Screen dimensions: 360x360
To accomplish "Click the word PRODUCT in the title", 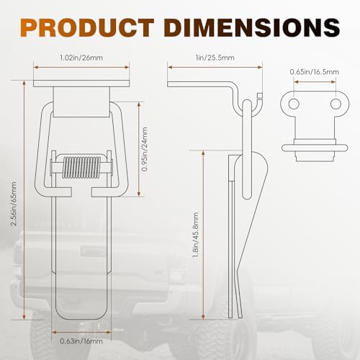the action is pos(88,27).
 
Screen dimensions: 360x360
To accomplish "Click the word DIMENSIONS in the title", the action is pos(252,27).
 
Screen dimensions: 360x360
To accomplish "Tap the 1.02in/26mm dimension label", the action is pos(81,58).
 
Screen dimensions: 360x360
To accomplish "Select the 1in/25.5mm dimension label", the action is pos(215,58).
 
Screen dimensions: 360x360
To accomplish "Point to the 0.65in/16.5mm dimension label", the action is pos(315,72).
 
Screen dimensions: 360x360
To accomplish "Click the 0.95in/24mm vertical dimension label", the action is pos(145,149).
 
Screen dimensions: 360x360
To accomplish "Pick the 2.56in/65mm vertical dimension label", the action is pos(14,204).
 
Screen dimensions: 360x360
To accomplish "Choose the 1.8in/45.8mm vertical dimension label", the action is pos(196,235).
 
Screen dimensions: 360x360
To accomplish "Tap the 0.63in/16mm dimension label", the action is pos(81,341).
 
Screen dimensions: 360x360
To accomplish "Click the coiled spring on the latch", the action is pos(81,167).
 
